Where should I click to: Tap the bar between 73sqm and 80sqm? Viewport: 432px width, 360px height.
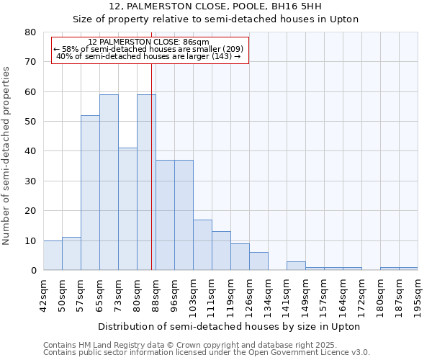click(x=127, y=209)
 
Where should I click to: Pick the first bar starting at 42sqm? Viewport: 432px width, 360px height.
click(x=53, y=256)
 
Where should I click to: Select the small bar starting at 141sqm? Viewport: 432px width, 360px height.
click(x=296, y=266)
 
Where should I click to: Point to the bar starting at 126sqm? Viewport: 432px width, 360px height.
click(x=258, y=261)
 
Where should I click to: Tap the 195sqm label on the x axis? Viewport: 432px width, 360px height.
click(x=418, y=294)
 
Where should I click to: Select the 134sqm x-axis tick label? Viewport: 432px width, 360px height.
click(x=269, y=294)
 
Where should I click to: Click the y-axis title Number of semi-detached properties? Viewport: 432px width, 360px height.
click(x=7, y=155)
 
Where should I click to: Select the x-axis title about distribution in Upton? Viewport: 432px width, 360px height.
click(x=228, y=326)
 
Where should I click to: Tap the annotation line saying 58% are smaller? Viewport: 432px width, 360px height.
click(x=148, y=49)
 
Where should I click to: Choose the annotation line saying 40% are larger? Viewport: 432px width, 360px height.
click(x=148, y=56)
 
